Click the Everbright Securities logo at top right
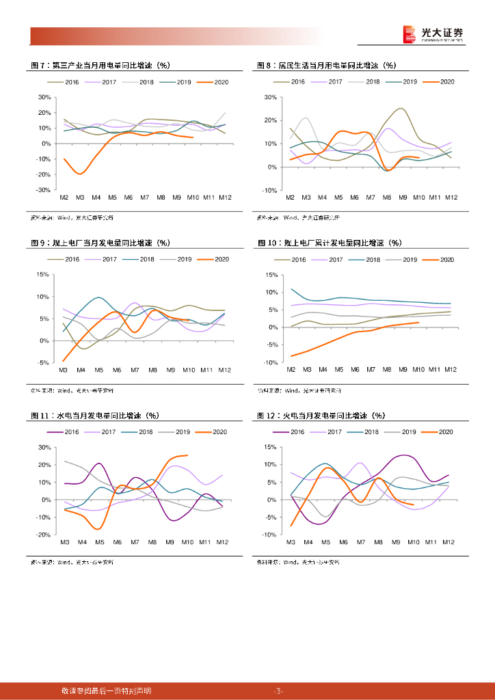pos(432,34)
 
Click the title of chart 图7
pos(101,66)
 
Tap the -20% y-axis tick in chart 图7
pos(44,175)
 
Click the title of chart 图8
pos(326,66)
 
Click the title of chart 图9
pos(101,243)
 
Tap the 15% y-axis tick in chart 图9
pos(42,275)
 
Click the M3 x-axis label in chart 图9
pos(64,370)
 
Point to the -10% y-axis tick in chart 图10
pos(269,362)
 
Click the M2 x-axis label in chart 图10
pos(290,370)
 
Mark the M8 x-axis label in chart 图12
pos(377,542)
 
